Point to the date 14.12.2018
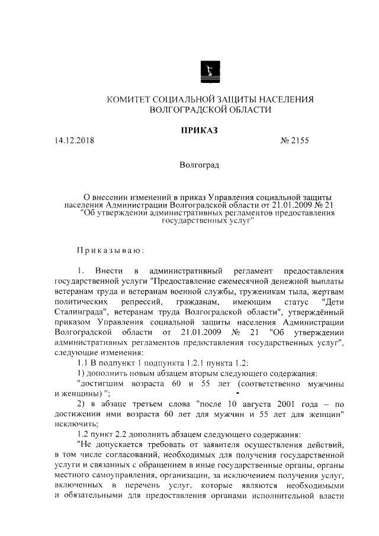(x=74, y=141)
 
